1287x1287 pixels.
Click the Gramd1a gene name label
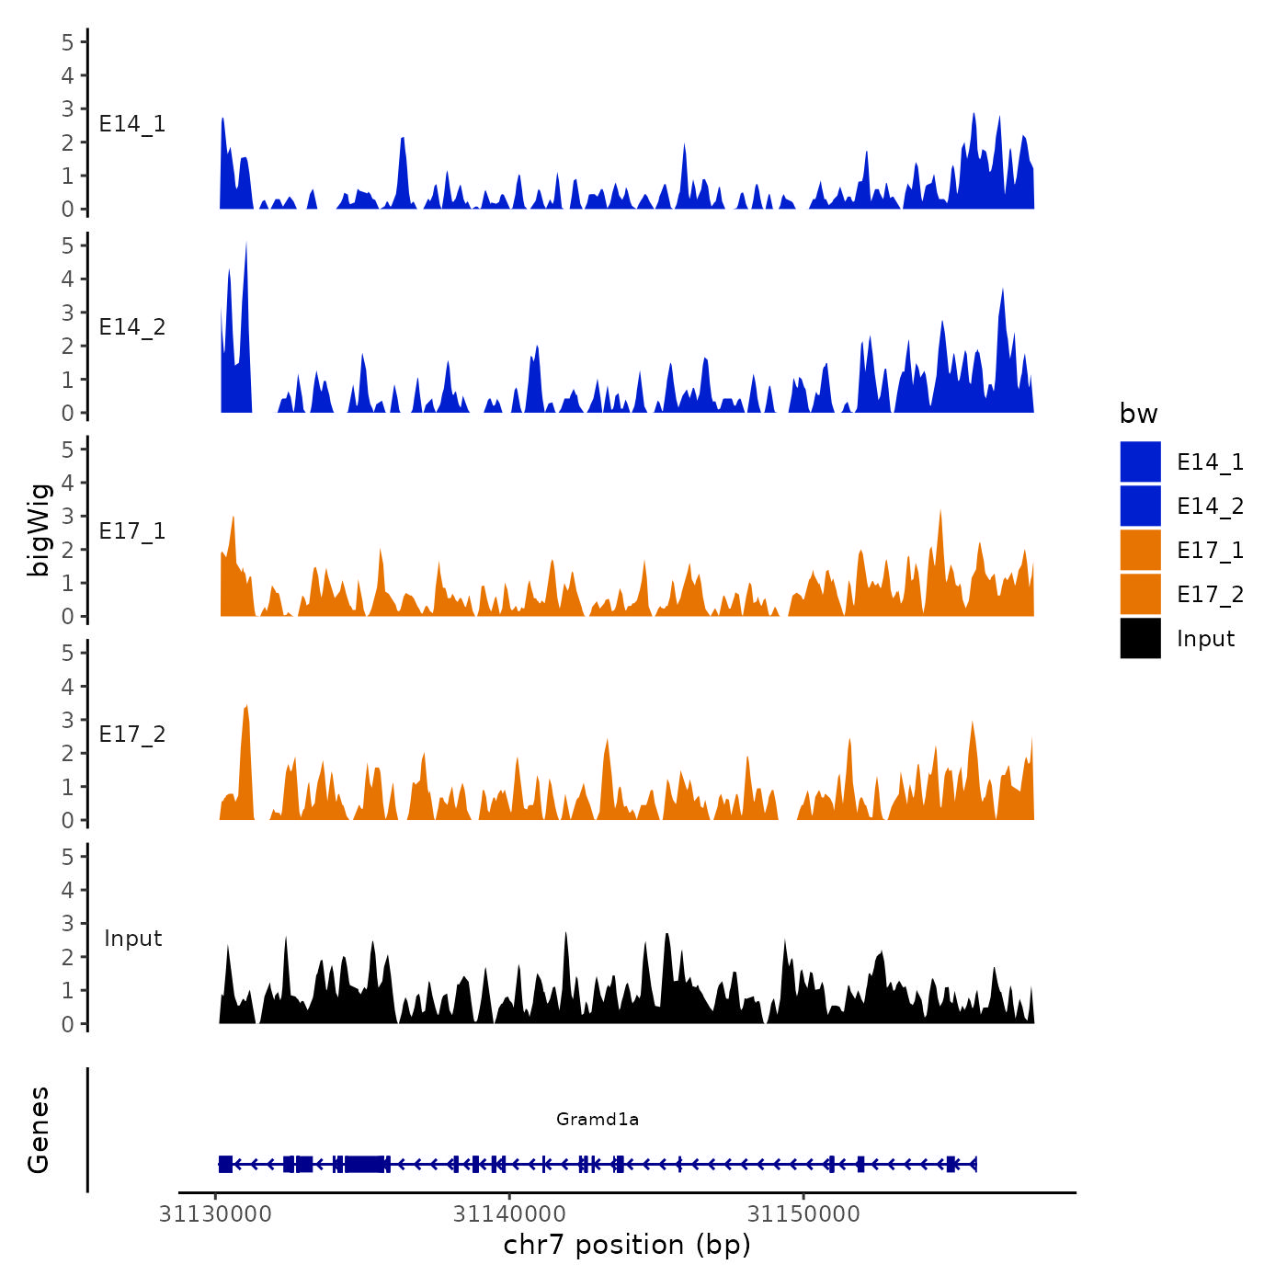[598, 1119]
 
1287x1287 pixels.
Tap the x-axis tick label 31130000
[215, 1214]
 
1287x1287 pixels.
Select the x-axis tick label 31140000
[509, 1214]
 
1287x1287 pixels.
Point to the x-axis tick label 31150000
[803, 1214]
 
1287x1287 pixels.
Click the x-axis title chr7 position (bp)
[627, 1245]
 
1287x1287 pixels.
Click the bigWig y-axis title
[40, 530]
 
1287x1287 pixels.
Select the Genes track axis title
[39, 1130]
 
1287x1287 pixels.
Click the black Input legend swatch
[1140, 638]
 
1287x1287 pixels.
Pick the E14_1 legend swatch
[1140, 461]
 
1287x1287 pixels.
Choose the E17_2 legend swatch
[1140, 594]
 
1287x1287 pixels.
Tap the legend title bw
[1138, 414]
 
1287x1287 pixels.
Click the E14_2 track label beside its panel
[132, 327]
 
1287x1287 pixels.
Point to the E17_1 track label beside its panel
[132, 531]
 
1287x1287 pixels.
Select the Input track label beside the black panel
[132, 939]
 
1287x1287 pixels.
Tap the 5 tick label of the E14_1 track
[68, 41]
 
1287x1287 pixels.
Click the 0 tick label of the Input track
[68, 1024]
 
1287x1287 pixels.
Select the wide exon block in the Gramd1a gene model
[365, 1164]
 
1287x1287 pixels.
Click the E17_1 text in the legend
[1210, 551]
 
